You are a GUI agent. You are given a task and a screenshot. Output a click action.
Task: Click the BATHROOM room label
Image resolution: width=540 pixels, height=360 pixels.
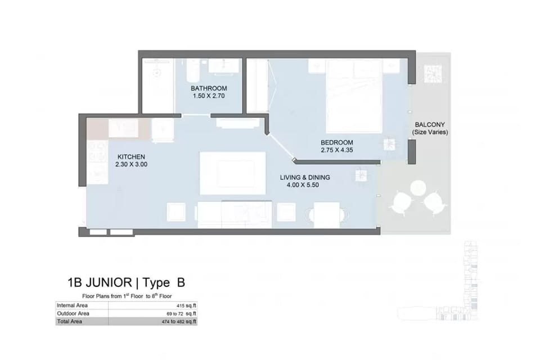pyautogui.click(x=209, y=88)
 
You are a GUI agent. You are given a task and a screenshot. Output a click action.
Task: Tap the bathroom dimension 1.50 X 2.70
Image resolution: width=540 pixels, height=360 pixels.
pyautogui.click(x=209, y=96)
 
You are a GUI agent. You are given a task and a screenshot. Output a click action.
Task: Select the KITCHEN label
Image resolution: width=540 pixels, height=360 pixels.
pyautogui.click(x=131, y=157)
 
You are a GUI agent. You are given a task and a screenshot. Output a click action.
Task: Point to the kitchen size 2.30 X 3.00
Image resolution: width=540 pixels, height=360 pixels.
pyautogui.click(x=131, y=164)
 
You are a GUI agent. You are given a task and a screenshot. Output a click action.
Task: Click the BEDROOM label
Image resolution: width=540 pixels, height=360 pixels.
pyautogui.click(x=337, y=142)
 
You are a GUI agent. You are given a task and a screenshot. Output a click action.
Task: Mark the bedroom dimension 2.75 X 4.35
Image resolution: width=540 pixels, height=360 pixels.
pyautogui.click(x=337, y=150)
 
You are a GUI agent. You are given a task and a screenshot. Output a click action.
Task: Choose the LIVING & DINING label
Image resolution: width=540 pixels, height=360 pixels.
pyautogui.click(x=305, y=177)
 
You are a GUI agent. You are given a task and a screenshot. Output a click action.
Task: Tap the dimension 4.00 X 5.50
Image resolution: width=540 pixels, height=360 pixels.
pyautogui.click(x=303, y=185)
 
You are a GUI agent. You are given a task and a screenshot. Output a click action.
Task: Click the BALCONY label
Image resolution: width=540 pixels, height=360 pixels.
pyautogui.click(x=430, y=124)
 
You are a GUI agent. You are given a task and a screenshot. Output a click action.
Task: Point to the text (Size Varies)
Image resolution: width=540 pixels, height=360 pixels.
pyautogui.click(x=430, y=132)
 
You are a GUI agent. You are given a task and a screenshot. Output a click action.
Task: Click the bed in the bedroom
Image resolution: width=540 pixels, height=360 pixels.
pyautogui.click(x=354, y=96)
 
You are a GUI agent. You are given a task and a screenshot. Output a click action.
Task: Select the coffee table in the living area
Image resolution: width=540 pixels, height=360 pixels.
pyautogui.click(x=233, y=173)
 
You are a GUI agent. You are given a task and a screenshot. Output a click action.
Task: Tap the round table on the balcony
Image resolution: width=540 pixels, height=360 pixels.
pyautogui.click(x=418, y=187)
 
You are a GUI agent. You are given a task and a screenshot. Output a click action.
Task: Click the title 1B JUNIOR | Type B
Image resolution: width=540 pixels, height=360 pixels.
pyautogui.click(x=127, y=282)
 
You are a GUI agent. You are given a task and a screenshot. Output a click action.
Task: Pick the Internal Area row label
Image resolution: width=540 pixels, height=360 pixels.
pyautogui.click(x=72, y=305)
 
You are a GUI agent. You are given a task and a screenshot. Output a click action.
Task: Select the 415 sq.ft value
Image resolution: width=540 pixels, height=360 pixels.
pyautogui.click(x=186, y=305)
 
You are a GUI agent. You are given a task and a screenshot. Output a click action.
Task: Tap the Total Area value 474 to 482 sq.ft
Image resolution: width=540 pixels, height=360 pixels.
pyautogui.click(x=179, y=321)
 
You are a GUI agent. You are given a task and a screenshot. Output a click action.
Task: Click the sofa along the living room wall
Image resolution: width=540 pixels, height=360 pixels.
pyautogui.click(x=235, y=214)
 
